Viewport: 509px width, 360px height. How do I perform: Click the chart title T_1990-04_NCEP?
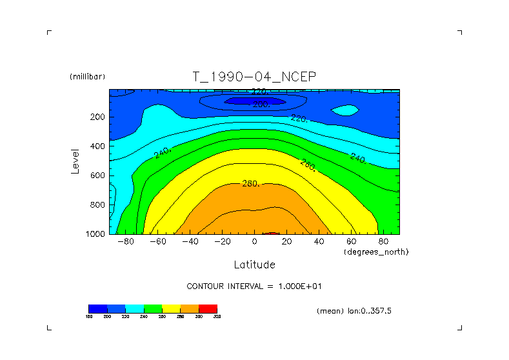click(254, 77)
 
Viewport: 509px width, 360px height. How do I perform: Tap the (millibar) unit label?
click(87, 77)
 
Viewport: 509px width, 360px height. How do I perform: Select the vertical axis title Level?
click(75, 161)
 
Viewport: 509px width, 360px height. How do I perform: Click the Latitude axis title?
click(254, 265)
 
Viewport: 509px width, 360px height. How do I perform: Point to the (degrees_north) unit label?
click(376, 252)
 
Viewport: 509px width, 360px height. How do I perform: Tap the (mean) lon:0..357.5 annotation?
click(354, 311)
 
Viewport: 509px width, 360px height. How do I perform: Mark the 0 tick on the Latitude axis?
click(254, 241)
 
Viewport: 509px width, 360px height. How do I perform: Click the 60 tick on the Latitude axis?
click(352, 241)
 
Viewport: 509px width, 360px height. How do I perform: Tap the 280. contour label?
click(250, 185)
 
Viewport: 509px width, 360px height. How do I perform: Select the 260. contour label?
click(308, 165)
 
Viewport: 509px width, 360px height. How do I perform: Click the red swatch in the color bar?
click(208, 308)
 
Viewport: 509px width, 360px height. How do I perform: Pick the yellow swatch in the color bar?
click(171, 308)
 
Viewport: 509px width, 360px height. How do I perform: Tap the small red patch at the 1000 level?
click(272, 233)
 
